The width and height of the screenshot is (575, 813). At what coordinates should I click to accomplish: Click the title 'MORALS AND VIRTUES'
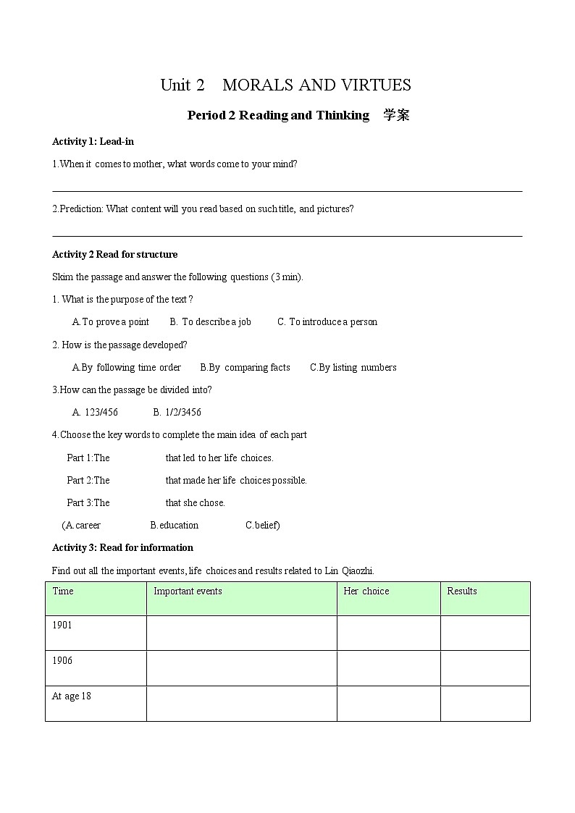click(316, 85)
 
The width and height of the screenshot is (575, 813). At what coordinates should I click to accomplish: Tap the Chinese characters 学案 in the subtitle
click(396, 115)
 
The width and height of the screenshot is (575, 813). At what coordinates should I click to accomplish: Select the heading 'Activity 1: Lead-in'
click(93, 141)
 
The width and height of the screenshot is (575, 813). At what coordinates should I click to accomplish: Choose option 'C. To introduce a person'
click(327, 321)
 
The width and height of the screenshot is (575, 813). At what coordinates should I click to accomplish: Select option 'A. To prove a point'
click(111, 321)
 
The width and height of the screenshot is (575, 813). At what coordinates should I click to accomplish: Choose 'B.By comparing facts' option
click(245, 367)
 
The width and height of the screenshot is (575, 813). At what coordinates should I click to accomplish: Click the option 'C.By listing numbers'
click(353, 367)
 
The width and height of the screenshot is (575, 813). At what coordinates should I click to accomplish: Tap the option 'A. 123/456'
click(95, 412)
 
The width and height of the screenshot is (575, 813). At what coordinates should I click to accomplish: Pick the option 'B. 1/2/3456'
click(177, 412)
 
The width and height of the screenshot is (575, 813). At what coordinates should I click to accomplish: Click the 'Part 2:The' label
click(88, 480)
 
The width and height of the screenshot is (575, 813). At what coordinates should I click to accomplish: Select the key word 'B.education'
click(175, 525)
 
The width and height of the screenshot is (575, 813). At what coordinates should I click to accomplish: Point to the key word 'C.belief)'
click(262, 525)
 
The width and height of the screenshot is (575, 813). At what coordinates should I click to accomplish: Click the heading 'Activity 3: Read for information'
click(122, 547)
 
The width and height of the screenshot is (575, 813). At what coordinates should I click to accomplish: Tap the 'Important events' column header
click(188, 591)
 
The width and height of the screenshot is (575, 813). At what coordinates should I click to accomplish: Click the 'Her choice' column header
click(366, 591)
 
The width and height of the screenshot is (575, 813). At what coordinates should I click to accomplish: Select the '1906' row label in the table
click(62, 660)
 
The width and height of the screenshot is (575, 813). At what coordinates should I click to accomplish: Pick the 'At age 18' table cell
click(71, 696)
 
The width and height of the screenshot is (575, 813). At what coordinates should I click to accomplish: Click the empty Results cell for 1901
click(484, 633)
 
